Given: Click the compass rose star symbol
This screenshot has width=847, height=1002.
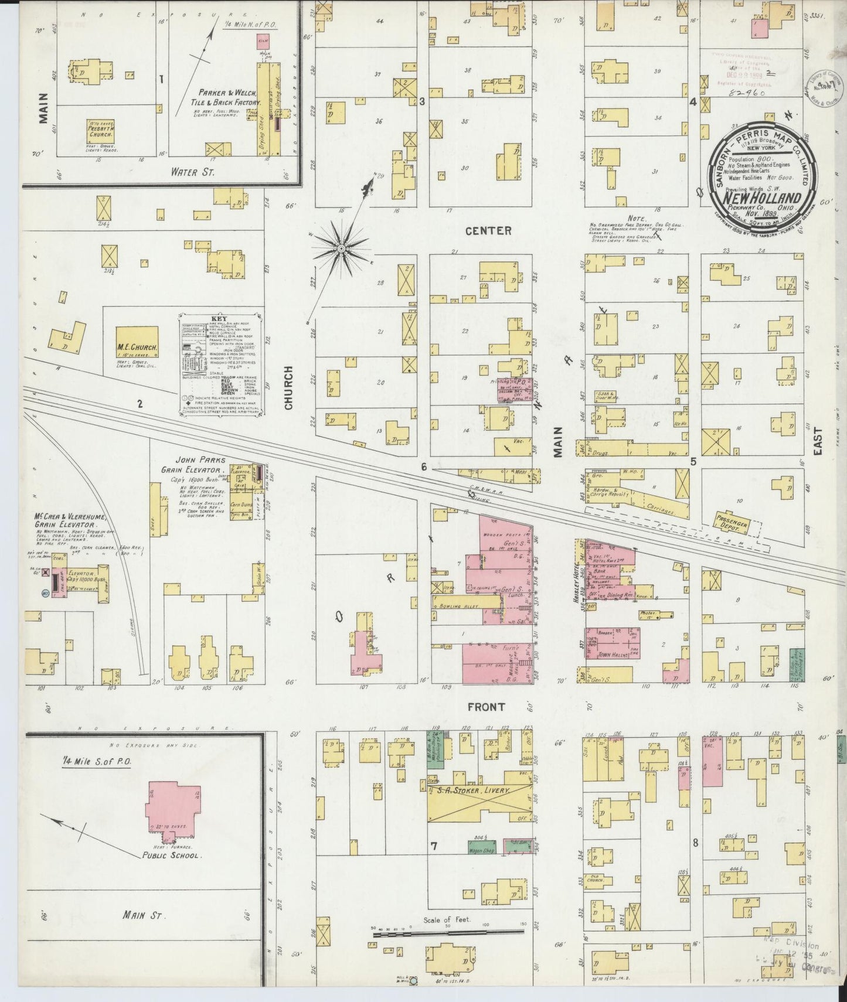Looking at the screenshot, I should (x=341, y=250).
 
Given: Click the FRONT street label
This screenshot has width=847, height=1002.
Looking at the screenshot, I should (x=486, y=707).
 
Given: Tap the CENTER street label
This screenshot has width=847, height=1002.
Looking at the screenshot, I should (x=488, y=231).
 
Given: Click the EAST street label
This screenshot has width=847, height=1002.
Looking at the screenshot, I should (x=818, y=441).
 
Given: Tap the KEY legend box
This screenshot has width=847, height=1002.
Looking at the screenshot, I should (x=220, y=366).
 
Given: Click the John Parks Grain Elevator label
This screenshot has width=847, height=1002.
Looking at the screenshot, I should (x=193, y=465).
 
